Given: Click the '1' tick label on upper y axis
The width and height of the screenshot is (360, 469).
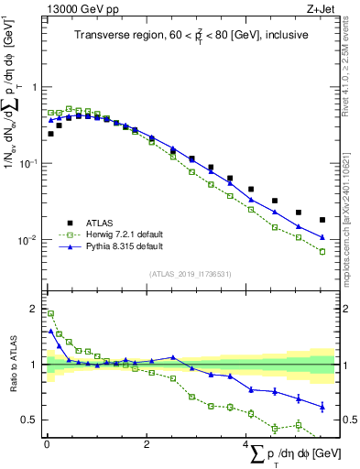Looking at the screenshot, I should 35,87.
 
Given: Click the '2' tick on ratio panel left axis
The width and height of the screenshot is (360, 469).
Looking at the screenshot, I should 35,308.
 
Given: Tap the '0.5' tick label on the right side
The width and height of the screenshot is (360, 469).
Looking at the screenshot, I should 348,420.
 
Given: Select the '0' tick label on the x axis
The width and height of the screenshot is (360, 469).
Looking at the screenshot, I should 47,444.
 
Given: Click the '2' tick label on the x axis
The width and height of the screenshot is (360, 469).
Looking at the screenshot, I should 147,444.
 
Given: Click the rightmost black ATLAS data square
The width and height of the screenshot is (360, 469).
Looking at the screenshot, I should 322,220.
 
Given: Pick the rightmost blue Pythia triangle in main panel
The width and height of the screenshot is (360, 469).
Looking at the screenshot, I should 322,237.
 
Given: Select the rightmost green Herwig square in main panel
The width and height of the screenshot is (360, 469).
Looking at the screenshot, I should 322,251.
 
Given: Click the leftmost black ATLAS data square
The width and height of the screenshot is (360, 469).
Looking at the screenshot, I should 50,134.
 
